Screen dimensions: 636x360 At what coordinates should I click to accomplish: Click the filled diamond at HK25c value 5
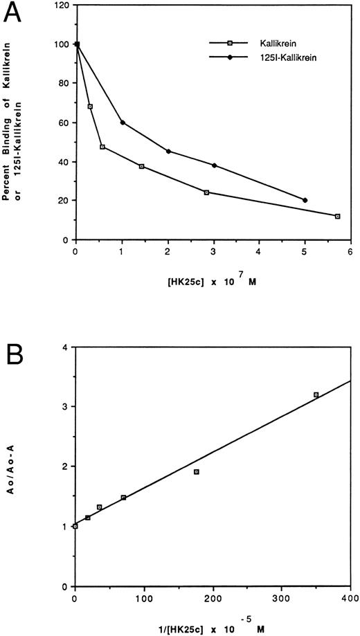(x=305, y=200)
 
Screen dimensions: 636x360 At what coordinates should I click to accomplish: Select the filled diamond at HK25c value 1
(x=122, y=122)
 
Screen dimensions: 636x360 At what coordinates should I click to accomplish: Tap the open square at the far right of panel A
(x=337, y=216)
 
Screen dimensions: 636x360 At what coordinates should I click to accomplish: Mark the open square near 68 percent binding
(x=90, y=107)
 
